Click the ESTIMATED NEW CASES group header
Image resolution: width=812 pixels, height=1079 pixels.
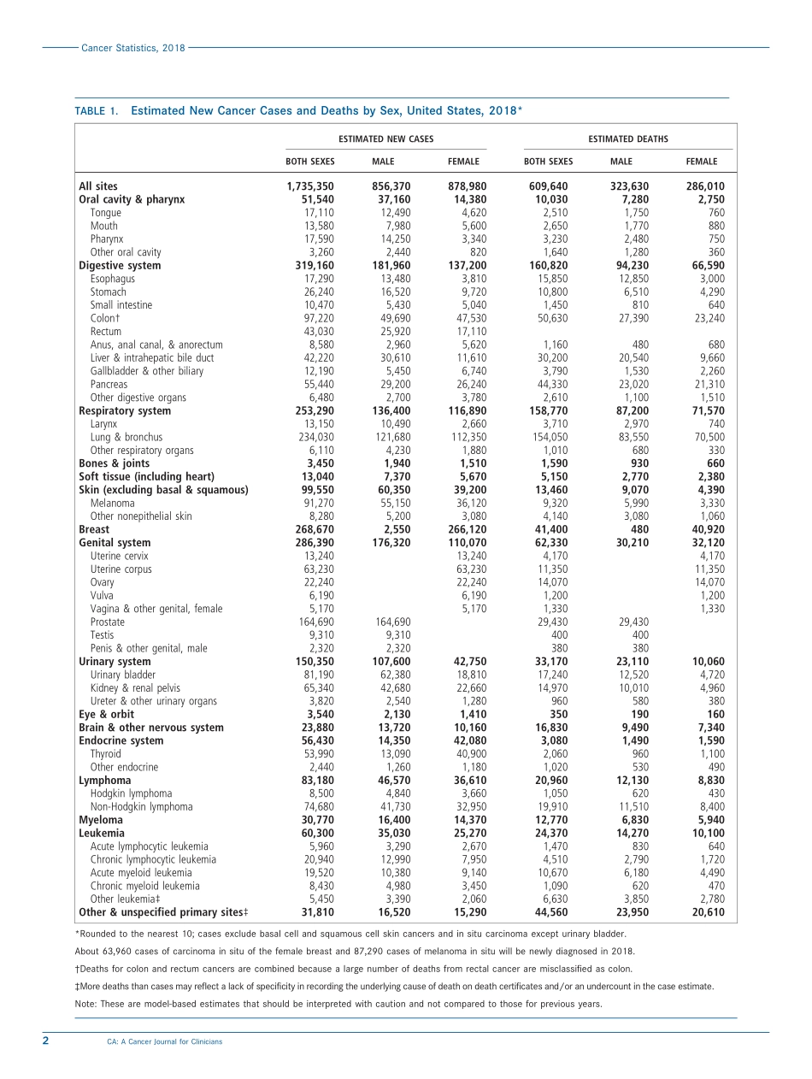point(385,139)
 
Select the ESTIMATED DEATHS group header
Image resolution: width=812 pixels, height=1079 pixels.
point(627,139)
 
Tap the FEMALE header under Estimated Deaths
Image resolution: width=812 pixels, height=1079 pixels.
point(701,161)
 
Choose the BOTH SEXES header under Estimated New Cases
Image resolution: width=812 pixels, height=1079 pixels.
point(309,161)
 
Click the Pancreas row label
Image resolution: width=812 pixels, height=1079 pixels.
point(108,385)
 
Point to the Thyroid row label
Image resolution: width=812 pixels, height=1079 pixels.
point(105,754)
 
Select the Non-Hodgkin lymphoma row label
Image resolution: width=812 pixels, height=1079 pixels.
point(141,806)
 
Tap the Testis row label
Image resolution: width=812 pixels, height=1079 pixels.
point(102,635)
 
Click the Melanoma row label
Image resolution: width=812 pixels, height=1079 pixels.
point(112,504)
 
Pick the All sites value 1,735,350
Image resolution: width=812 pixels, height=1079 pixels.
point(310,186)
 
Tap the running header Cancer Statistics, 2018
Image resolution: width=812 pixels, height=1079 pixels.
point(132,48)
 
